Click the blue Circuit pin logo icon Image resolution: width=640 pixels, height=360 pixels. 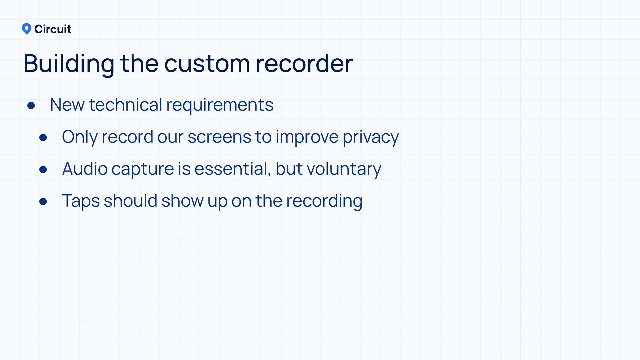click(x=26, y=29)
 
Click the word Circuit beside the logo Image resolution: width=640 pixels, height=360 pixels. click(x=53, y=29)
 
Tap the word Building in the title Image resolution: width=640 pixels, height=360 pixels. click(x=69, y=63)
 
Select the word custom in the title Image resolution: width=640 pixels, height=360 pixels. click(x=207, y=63)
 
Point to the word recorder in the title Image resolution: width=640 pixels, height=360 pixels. click(x=304, y=63)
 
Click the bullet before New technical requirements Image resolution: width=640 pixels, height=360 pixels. click(x=31, y=106)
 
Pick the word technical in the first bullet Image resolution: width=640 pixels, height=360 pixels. click(x=125, y=105)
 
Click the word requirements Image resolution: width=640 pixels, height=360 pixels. click(x=220, y=105)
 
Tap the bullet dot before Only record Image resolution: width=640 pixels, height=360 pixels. click(x=43, y=137)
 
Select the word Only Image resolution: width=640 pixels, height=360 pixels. click(x=80, y=137)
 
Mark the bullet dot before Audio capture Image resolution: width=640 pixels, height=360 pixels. click(x=43, y=169)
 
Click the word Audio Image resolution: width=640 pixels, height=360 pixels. click(x=85, y=169)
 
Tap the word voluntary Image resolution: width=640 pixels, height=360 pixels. click(x=344, y=169)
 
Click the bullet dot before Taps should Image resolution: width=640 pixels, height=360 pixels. click(x=43, y=201)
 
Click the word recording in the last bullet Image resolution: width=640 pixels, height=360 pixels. click(x=324, y=201)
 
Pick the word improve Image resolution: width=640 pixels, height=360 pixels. click(x=307, y=137)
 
